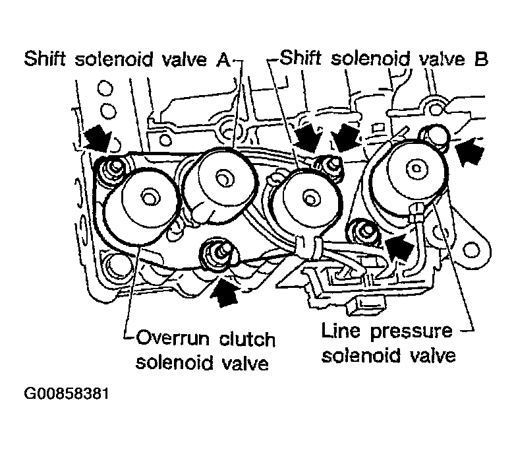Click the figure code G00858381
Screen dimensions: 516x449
click(67, 394)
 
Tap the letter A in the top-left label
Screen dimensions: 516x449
click(223, 59)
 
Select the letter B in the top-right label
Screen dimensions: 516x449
click(480, 59)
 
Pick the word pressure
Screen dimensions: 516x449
click(412, 332)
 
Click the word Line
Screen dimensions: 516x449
click(341, 330)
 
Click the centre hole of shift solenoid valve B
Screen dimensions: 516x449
click(310, 199)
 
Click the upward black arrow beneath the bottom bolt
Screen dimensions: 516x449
click(225, 291)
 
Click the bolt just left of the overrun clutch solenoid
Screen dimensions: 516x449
click(113, 168)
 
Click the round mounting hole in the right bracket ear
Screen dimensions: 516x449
click(471, 249)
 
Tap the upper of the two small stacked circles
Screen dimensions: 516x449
click(105, 88)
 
